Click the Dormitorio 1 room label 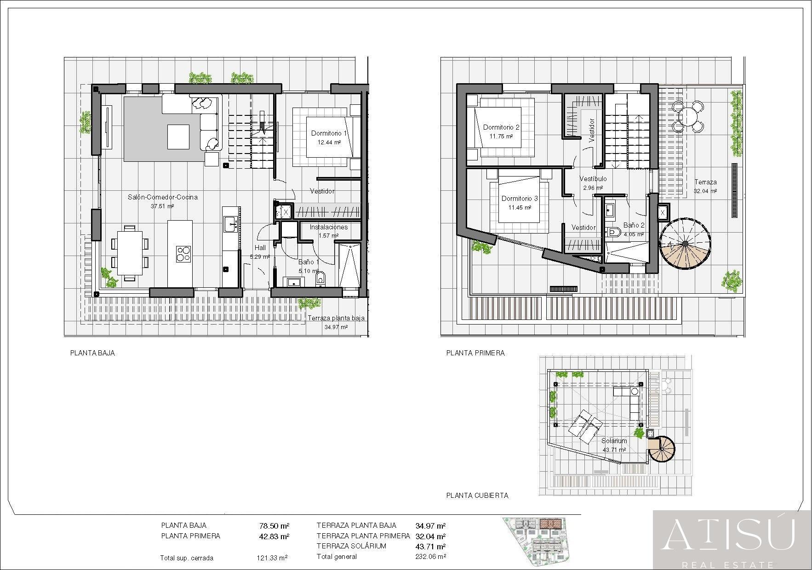pos(329,133)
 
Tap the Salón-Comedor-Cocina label pos(162,197)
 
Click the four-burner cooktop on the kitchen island pos(183,254)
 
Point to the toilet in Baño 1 pos(320,278)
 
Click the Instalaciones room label pos(328,227)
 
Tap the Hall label pos(260,248)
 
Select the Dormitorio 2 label pos(501,127)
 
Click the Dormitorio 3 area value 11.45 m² pos(520,208)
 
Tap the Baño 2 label pos(634,225)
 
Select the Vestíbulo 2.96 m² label pos(593,183)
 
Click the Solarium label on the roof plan pos(614,441)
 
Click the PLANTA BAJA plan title pos(92,353)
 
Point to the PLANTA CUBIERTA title pos(477,496)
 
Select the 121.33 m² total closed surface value pos(272,558)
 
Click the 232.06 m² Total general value pos(430,557)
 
